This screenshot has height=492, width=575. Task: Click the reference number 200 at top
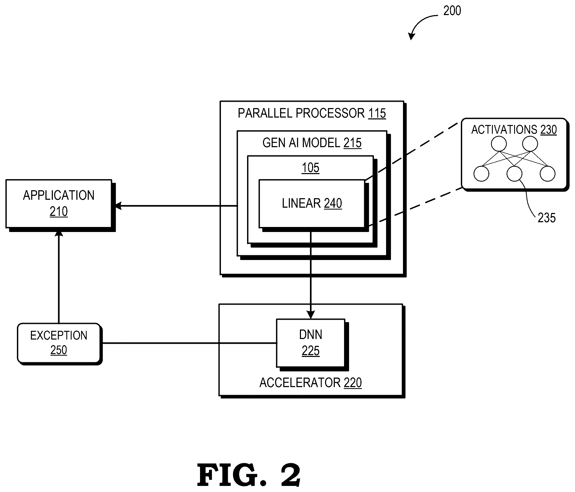452,11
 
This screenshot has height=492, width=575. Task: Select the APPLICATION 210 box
59,204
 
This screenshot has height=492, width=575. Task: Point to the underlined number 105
310,168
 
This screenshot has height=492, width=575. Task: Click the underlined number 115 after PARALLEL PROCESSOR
377,113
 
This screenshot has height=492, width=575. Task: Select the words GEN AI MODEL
302,143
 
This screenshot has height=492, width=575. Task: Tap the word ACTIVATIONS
504,129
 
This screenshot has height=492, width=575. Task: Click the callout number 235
547,218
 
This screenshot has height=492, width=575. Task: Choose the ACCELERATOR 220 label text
310,383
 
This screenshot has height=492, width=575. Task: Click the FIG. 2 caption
249,475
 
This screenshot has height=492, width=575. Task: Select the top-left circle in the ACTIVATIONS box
499,144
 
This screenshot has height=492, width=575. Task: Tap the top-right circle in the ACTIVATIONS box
530,144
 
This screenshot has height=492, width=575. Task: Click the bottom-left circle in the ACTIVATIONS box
481,174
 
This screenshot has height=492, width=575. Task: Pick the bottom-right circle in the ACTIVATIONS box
548,174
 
